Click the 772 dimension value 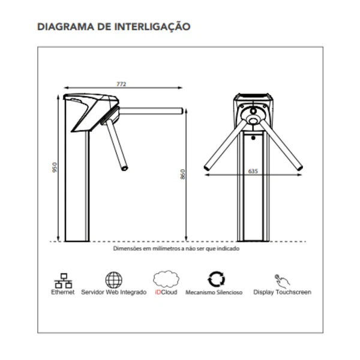click(x=121, y=84)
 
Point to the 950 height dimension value click(x=55, y=167)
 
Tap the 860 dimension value click(x=182, y=174)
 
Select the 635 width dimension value click(x=253, y=171)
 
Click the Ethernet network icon click(x=63, y=280)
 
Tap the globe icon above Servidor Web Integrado click(x=113, y=280)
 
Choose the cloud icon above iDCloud click(x=166, y=279)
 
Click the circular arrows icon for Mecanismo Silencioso click(x=216, y=279)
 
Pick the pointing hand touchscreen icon click(x=282, y=281)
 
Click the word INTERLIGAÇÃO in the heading click(x=152, y=26)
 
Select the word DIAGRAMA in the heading click(x=65, y=26)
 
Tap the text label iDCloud click(x=166, y=292)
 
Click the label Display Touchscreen click(x=282, y=292)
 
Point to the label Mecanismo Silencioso click(x=214, y=292)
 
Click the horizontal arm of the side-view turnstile click(x=151, y=111)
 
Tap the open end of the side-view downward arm click(x=125, y=168)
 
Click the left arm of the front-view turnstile click(x=226, y=145)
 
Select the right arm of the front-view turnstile click(x=281, y=145)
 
